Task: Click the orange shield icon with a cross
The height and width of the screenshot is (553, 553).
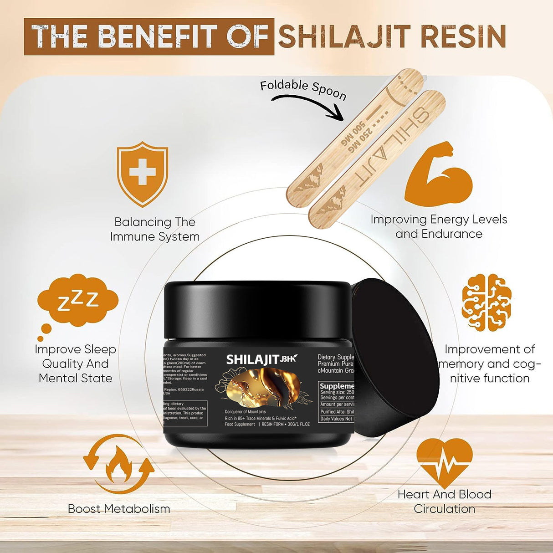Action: click(143, 173)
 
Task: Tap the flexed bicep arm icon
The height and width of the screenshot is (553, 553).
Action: click(438, 175)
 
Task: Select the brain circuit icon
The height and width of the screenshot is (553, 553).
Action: click(486, 302)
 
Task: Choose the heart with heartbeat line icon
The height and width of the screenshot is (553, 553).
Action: click(445, 462)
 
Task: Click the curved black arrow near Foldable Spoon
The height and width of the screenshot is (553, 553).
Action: click(310, 105)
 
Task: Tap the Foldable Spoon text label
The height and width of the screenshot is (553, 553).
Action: click(303, 89)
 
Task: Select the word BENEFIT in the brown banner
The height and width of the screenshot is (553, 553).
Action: click(158, 36)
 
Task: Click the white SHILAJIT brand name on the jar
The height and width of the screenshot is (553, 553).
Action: click(252, 359)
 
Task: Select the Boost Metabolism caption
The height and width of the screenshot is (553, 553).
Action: click(119, 509)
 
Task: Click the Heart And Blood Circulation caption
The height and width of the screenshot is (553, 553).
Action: click(445, 502)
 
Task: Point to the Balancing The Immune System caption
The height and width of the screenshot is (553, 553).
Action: click(155, 229)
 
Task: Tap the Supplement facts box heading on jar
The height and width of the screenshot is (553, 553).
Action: click(337, 386)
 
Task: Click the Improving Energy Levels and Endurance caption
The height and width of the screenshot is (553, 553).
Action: click(439, 226)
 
